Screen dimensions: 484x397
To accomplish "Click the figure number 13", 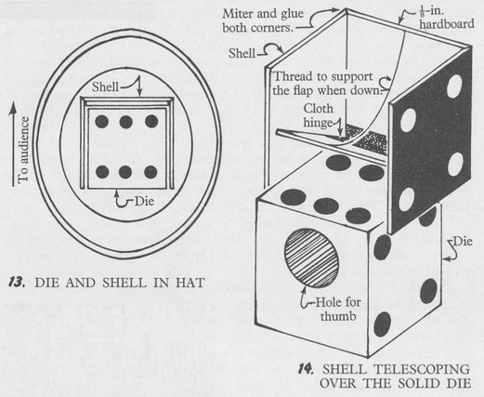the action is click(16, 283).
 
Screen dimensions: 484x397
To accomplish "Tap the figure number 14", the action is click(306, 369).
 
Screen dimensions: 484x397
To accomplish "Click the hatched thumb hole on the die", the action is click(311, 258).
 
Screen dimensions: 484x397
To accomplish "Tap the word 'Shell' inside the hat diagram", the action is click(105, 87).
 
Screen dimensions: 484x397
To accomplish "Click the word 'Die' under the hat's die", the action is click(144, 202).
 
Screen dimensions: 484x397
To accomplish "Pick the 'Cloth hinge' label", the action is click(319, 115).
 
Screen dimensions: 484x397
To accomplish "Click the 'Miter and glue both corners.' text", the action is click(263, 20).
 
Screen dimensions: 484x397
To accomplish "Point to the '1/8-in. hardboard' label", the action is click(446, 18).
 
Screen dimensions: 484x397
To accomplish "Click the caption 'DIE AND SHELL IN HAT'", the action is click(120, 283).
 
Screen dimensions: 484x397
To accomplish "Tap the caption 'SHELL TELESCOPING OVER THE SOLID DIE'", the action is click(396, 377).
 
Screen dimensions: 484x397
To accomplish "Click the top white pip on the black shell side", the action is click(454, 86).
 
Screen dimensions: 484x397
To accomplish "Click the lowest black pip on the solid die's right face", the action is click(382, 324).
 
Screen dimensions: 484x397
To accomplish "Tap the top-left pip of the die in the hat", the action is click(101, 122).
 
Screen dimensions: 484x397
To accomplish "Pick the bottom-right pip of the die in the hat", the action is click(150, 172).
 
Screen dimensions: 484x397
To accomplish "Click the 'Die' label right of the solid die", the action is click(463, 242).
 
